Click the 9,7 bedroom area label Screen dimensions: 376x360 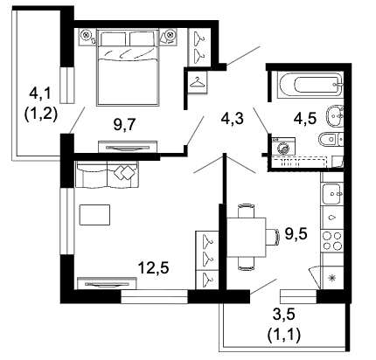click(x=123, y=126)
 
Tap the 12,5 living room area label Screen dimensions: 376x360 click(x=153, y=267)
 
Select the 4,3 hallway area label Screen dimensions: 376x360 click(x=232, y=118)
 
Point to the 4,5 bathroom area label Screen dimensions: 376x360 click(x=305, y=118)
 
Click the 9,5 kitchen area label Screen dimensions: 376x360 click(x=296, y=233)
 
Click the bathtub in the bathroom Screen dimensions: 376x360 click(x=310, y=85)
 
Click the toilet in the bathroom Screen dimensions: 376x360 click(x=331, y=140)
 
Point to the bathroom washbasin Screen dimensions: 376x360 click(x=335, y=116)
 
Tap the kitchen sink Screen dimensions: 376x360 click(x=331, y=194)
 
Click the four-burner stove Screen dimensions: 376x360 click(x=332, y=240)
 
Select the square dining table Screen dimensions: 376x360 click(x=246, y=238)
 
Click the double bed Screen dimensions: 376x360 click(x=129, y=66)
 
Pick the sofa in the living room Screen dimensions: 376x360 click(x=107, y=175)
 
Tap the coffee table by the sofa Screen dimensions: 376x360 click(x=94, y=215)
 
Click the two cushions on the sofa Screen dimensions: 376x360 click(x=124, y=172)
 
